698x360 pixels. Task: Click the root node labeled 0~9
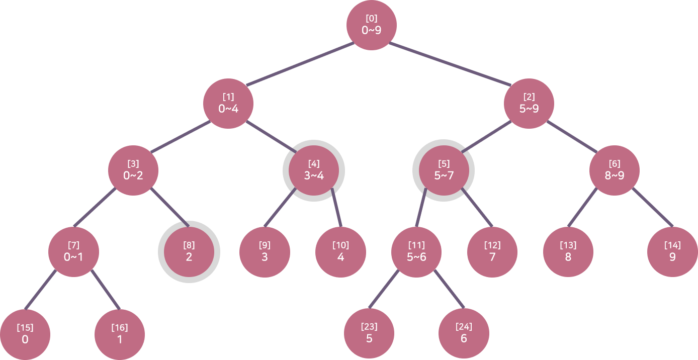(372, 25)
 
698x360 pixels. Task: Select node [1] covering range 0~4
(228, 104)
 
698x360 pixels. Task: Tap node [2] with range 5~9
(529, 104)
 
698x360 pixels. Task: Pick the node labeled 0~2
(133, 170)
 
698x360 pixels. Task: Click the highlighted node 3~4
(314, 170)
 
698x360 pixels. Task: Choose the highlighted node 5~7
(444, 170)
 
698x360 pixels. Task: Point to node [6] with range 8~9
(615, 170)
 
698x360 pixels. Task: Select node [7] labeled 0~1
(73, 252)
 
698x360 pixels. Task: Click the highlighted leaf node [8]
(189, 252)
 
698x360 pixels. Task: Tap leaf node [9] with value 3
(265, 252)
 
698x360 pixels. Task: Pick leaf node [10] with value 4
(340, 252)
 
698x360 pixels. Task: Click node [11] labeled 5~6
(416, 252)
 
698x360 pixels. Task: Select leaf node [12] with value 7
(492, 252)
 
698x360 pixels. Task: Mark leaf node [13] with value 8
(568, 252)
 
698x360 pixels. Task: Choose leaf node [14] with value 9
(672, 252)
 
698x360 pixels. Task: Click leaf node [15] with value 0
(25, 334)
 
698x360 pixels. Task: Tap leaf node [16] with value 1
(120, 334)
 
